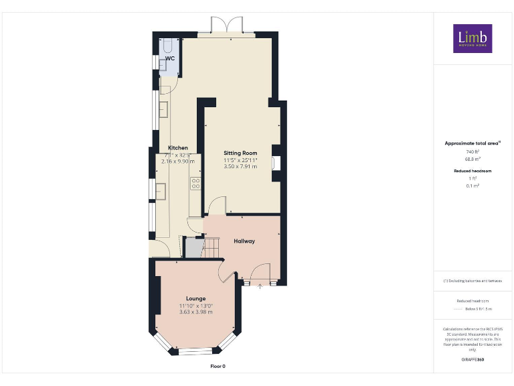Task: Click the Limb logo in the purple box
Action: (473, 38)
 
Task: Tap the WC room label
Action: (170, 59)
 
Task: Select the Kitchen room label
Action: (177, 148)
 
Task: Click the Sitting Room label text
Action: (240, 153)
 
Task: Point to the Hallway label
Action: (244, 241)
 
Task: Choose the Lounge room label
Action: (195, 299)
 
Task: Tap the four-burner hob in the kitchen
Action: (196, 184)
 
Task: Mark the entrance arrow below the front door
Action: (261, 287)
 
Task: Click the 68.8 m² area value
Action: (473, 159)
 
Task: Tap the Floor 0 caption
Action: (218, 367)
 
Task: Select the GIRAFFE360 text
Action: (473, 360)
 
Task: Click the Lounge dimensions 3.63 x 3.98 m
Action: (195, 312)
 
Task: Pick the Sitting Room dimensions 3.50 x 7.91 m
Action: (240, 166)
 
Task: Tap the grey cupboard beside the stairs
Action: (193, 247)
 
